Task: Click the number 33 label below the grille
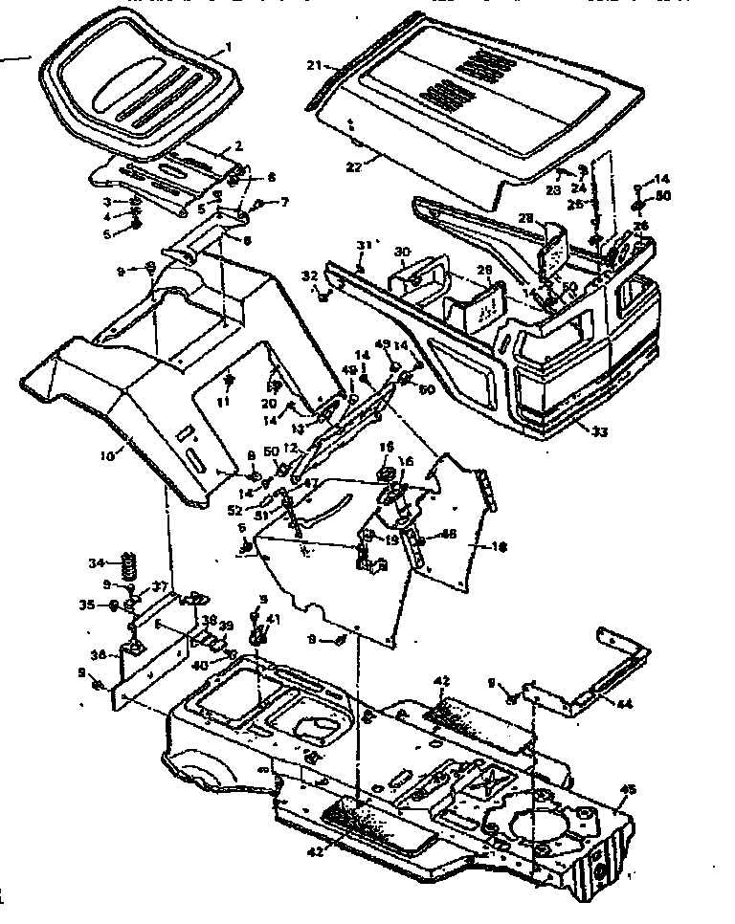(599, 431)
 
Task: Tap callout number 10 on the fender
(106, 456)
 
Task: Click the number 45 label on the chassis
(629, 789)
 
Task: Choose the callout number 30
(403, 251)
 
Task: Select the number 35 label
(113, 605)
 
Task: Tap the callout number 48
(448, 534)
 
